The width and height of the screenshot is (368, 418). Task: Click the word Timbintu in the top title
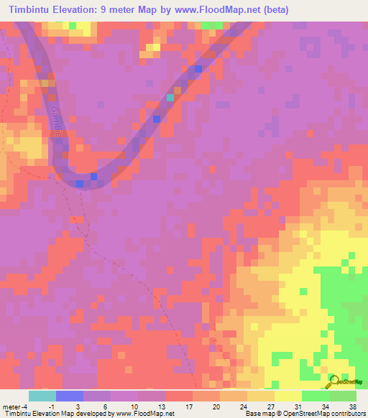(30, 10)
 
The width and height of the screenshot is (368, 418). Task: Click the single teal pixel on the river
(170, 98)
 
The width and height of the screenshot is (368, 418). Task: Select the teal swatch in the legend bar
(42, 396)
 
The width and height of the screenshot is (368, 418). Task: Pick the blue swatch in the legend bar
(69, 396)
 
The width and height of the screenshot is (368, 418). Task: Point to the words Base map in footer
(257, 413)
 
